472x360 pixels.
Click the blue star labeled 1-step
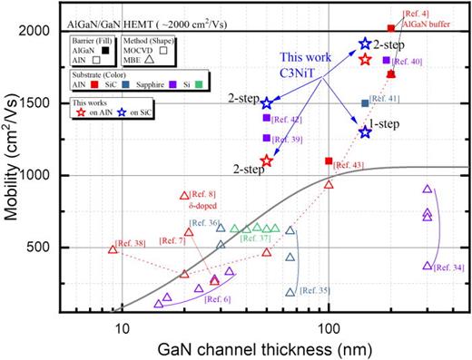365,132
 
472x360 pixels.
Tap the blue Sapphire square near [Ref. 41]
365,103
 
